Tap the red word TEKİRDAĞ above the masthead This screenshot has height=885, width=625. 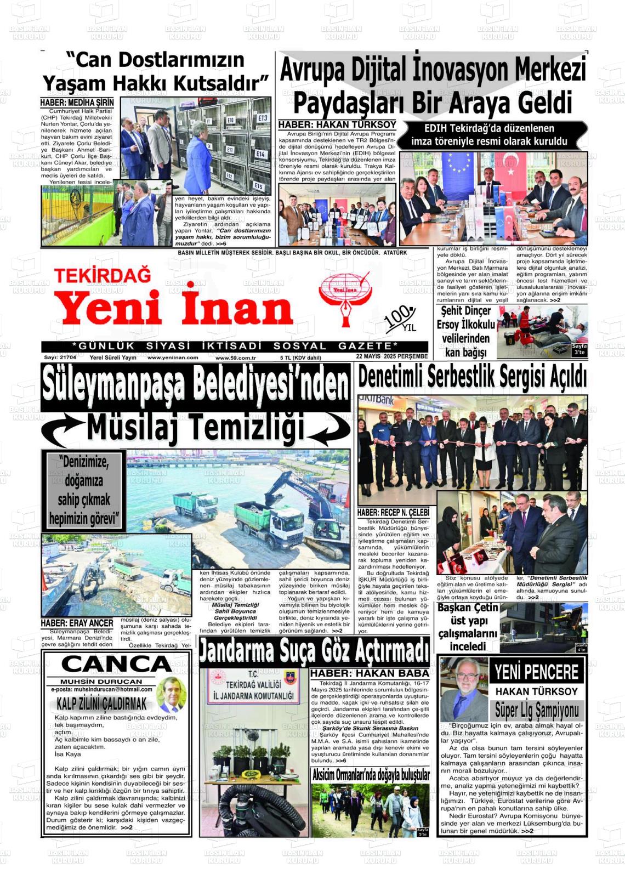click(x=102, y=275)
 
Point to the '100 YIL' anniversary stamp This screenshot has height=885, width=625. click(x=402, y=319)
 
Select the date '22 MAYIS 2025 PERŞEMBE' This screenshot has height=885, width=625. click(x=391, y=357)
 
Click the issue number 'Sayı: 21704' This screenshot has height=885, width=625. click(x=60, y=357)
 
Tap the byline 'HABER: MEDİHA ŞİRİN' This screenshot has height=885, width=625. click(x=77, y=103)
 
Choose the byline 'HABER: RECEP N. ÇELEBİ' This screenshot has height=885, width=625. click(x=393, y=512)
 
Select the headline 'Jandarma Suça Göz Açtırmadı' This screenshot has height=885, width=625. click(x=314, y=651)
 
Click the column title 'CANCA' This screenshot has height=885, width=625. click(x=116, y=664)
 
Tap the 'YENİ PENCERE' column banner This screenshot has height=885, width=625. click(x=536, y=671)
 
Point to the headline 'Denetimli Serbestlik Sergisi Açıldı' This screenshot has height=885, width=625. click(x=472, y=377)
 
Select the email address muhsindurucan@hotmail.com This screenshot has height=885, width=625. click(x=103, y=689)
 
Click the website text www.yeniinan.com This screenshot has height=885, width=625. click(x=173, y=358)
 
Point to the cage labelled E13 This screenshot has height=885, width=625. click(x=262, y=117)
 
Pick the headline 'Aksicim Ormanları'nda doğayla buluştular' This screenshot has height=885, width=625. click(x=371, y=775)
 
